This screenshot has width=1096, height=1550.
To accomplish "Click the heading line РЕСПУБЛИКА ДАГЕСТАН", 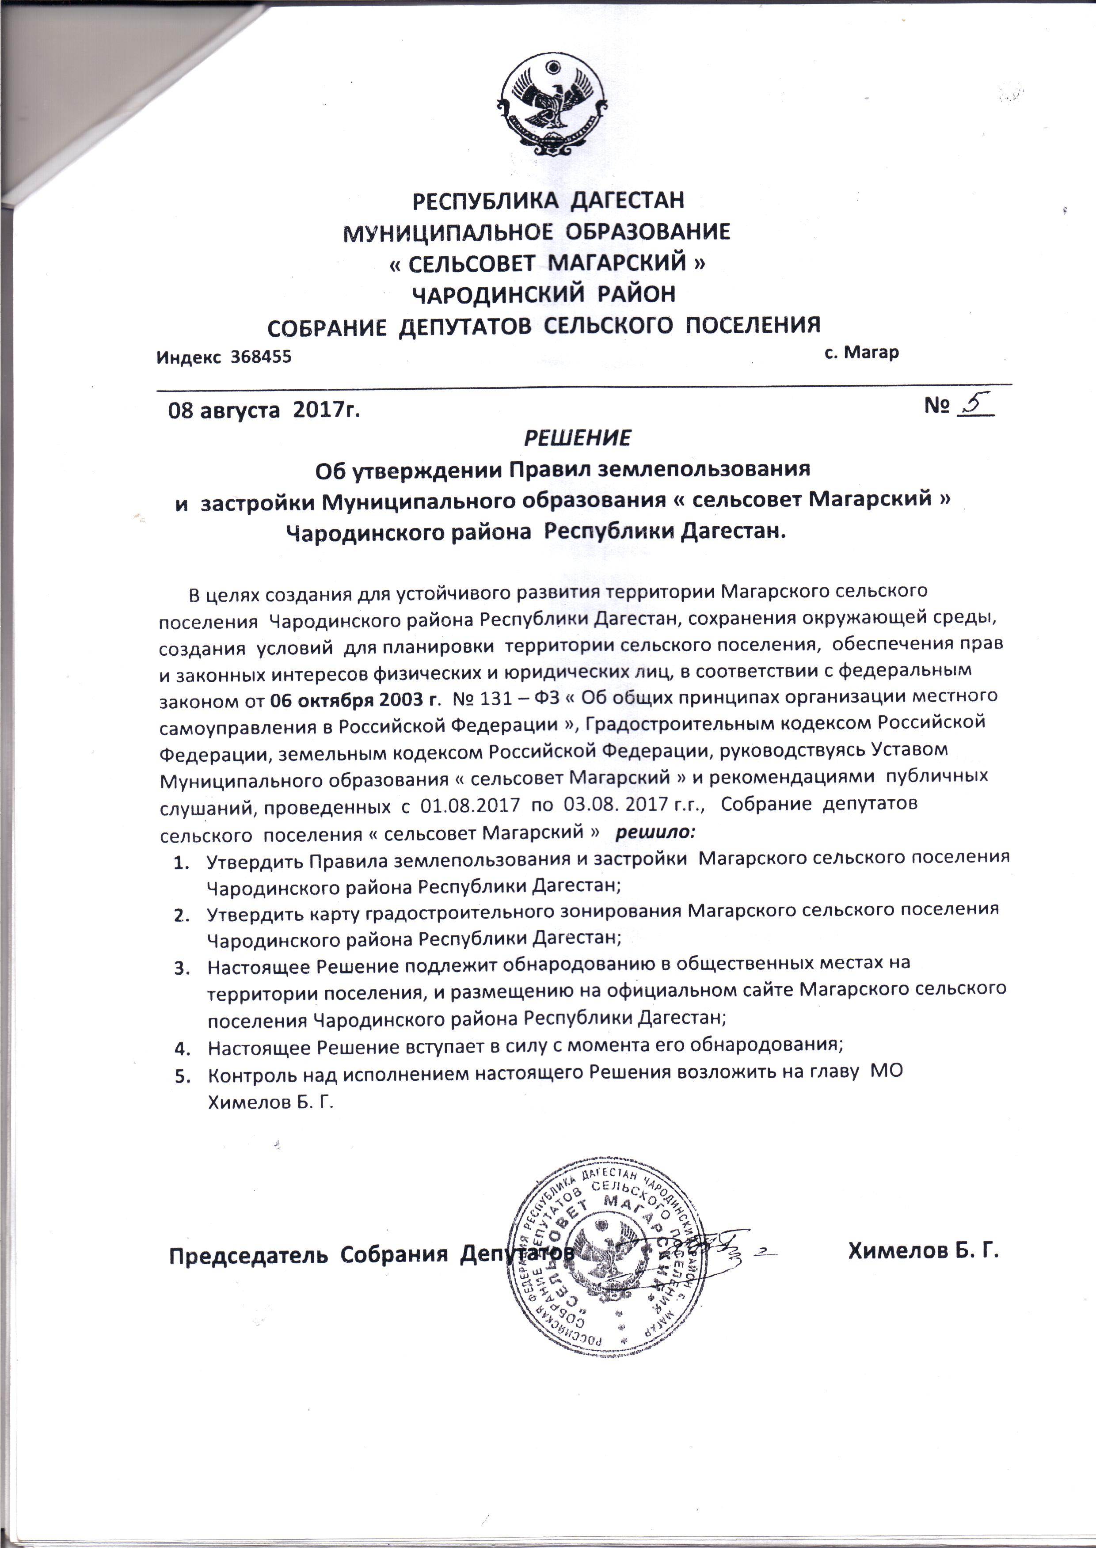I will click(548, 201).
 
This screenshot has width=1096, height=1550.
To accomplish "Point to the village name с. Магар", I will click(862, 353).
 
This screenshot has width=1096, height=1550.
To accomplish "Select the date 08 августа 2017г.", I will click(263, 410).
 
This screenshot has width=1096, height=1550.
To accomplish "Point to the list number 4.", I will click(181, 1048).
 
